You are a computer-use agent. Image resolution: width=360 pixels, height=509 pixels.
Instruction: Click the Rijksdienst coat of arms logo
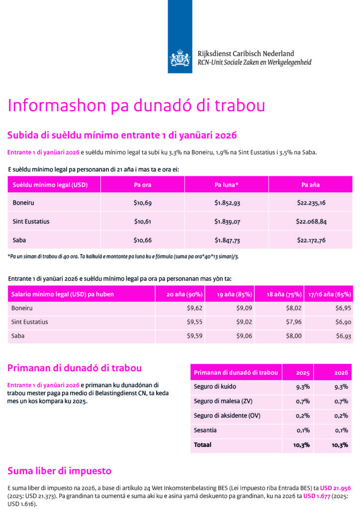coord(180,58)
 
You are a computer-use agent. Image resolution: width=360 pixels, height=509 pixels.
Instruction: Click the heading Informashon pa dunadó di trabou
coord(136,105)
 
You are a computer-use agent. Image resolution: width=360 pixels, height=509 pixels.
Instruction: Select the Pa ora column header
coord(142,185)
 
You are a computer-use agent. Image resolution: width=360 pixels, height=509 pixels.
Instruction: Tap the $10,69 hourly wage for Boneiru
coord(142,203)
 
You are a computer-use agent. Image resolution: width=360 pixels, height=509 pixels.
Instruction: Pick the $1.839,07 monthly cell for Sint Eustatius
coord(226,221)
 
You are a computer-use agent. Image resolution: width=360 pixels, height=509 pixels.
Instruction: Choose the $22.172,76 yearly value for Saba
coord(311,240)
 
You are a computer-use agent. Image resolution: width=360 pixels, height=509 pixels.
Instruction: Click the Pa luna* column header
coord(226,185)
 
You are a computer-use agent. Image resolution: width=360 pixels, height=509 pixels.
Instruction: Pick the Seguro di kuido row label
coord(215,387)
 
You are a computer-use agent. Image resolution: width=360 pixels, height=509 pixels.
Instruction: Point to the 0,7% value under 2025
coord(303,401)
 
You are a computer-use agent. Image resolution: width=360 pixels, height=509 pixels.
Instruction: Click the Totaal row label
coord(202,445)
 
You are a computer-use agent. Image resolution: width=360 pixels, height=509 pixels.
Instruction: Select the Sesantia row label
coord(205,430)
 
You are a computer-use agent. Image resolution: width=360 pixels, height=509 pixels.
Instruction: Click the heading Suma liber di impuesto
coord(60,471)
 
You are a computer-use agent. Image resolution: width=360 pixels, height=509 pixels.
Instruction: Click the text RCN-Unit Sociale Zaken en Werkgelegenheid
coord(241,63)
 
